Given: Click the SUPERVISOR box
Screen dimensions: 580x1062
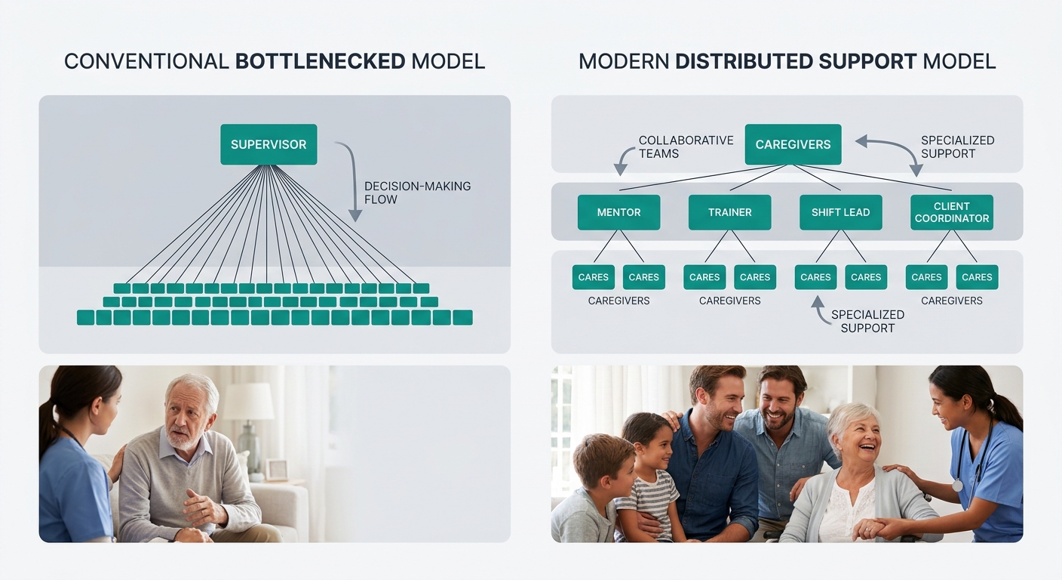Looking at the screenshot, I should click(269, 144).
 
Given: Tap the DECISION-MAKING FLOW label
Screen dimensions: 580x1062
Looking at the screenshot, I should click(417, 193).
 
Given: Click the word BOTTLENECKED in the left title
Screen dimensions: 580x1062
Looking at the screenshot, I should click(321, 62).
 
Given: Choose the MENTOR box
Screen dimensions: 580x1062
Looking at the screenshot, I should click(618, 212).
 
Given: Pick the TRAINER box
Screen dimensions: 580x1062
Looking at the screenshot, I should click(729, 212).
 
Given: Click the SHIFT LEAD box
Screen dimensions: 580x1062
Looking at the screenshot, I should click(840, 212).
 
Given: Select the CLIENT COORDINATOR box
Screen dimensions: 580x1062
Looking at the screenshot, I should click(951, 212).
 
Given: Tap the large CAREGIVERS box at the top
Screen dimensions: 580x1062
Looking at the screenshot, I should click(793, 144).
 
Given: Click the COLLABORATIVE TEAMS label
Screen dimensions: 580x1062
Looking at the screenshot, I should click(686, 147).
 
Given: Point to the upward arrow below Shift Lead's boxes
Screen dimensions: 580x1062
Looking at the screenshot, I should click(817, 311).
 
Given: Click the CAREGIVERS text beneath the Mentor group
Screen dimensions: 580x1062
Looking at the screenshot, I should click(618, 301).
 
